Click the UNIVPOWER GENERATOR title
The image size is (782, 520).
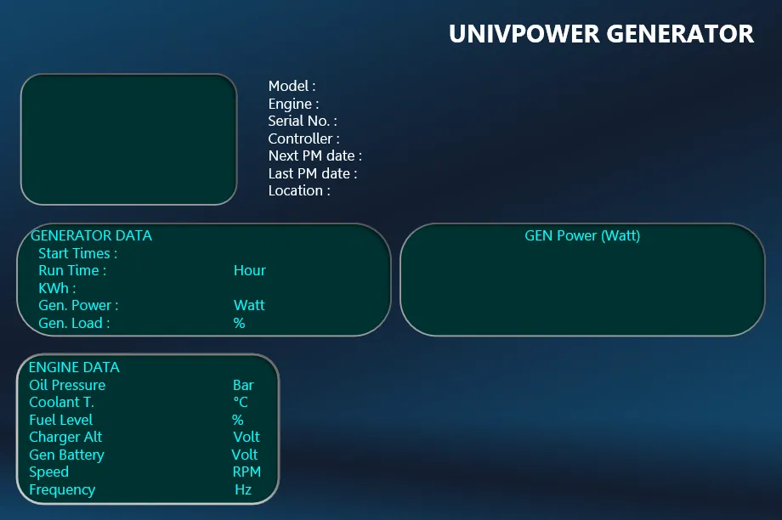tap(601, 34)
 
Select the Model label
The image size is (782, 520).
tap(292, 86)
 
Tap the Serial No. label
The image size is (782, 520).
tap(303, 121)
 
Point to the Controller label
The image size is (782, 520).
tap(303, 138)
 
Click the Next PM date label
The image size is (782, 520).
tap(315, 155)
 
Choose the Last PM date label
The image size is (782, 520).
tap(313, 173)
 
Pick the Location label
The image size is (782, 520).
tap(299, 190)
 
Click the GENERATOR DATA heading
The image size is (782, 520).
tap(91, 235)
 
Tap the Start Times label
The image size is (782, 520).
tap(78, 253)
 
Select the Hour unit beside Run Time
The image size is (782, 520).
tap(250, 270)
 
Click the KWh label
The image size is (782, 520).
tap(57, 288)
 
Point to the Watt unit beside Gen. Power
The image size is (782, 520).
tap(249, 305)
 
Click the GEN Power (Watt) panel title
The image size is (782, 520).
tap(582, 235)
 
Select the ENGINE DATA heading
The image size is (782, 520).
tap(74, 367)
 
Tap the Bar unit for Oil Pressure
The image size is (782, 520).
tap(243, 385)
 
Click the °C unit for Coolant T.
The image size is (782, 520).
tap(241, 402)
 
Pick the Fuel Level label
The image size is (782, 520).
tap(61, 420)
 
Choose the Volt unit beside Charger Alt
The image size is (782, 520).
tap(246, 437)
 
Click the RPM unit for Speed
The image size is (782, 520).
tap(246, 472)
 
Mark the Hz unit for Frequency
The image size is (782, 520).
tap(243, 489)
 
